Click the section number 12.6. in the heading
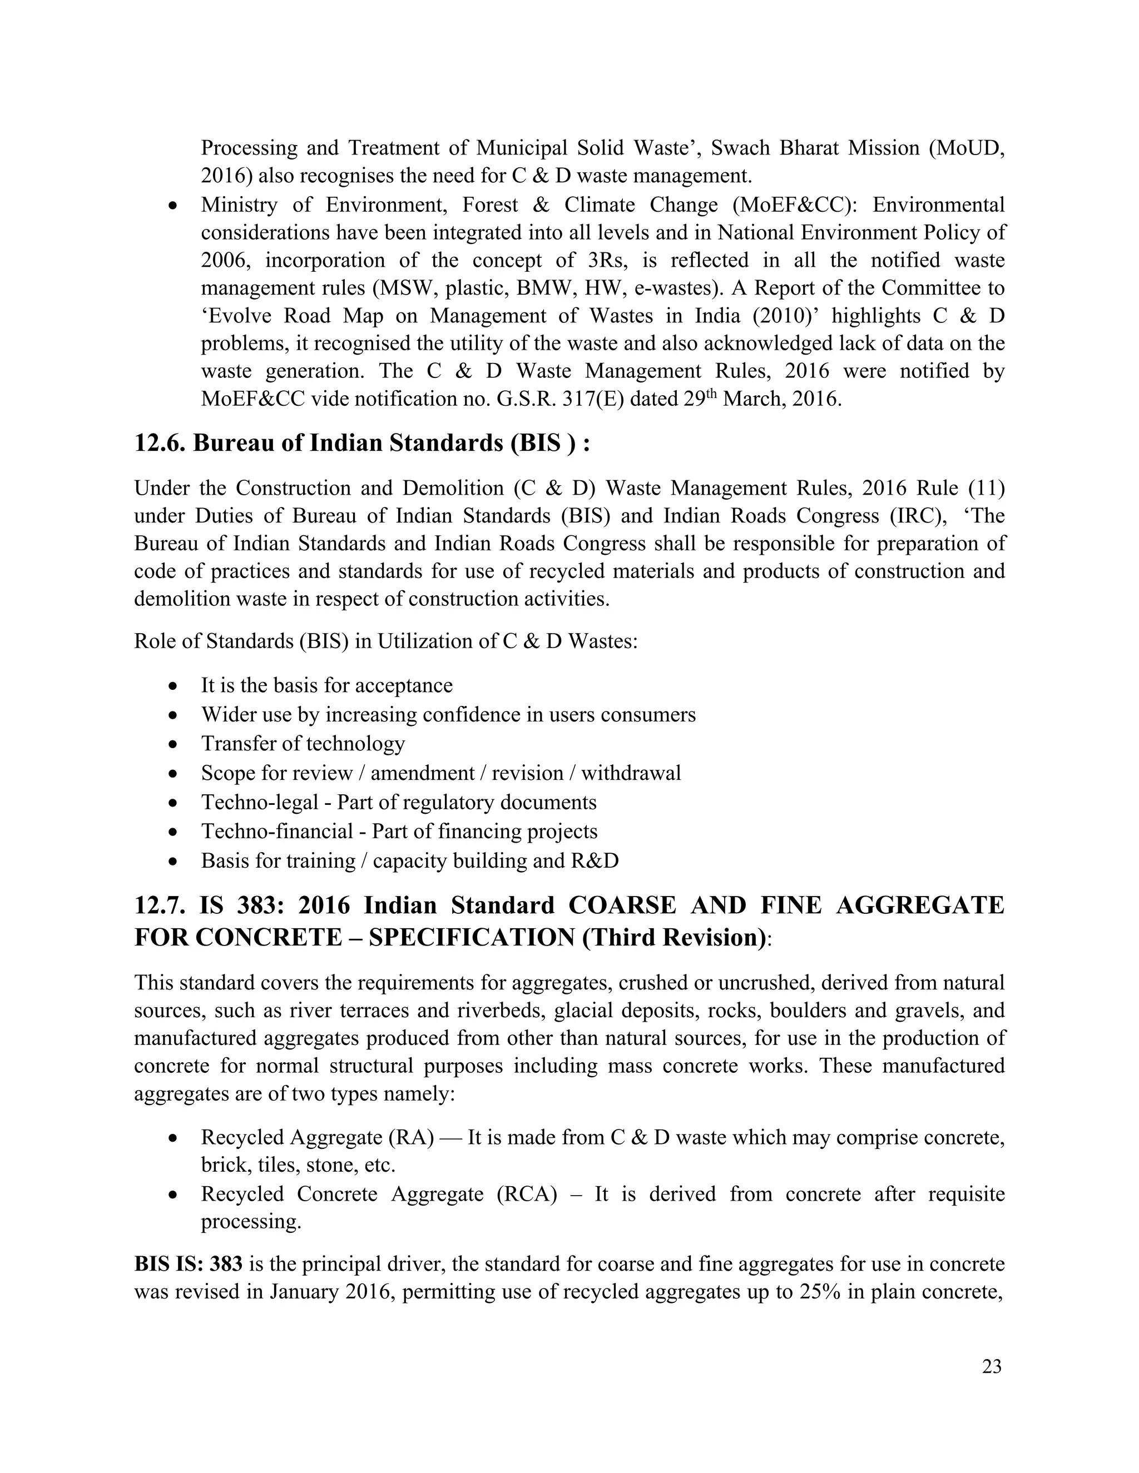160,444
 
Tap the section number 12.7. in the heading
161,905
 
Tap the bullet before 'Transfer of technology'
174,744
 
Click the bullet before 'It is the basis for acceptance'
174,686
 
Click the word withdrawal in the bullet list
631,773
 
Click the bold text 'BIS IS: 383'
189,1264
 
